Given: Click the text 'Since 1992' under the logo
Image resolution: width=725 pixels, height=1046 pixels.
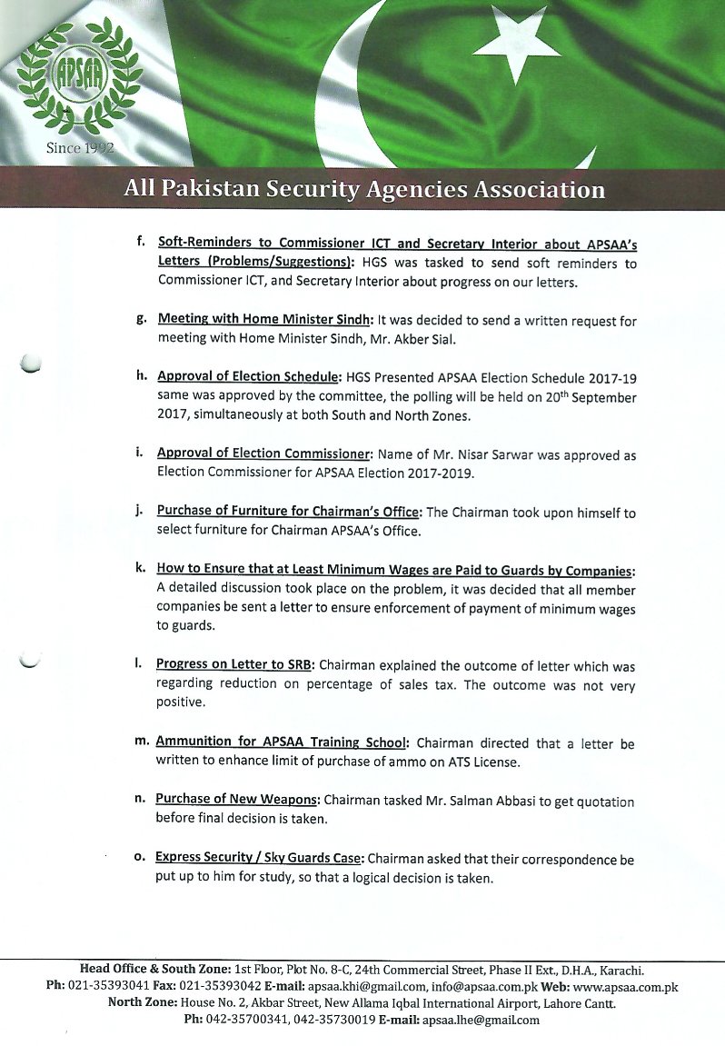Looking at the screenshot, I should click(80, 148).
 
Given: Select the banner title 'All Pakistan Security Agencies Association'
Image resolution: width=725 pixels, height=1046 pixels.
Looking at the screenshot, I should click(364, 190).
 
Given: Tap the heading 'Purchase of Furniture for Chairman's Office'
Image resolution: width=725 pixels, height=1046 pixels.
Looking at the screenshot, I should click(288, 513).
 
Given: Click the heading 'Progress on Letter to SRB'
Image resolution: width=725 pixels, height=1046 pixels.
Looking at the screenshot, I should click(233, 663).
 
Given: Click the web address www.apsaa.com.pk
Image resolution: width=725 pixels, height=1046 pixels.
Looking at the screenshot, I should click(625, 986).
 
